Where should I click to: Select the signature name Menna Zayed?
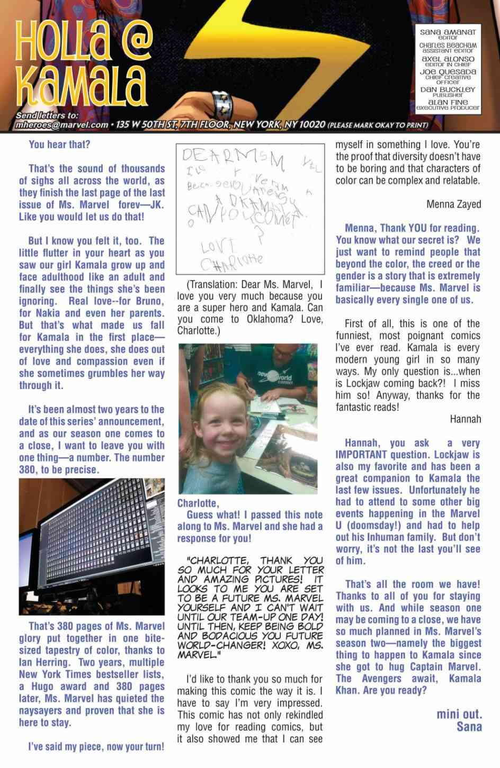453,204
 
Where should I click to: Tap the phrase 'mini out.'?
459,713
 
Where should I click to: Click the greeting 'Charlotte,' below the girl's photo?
198,503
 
